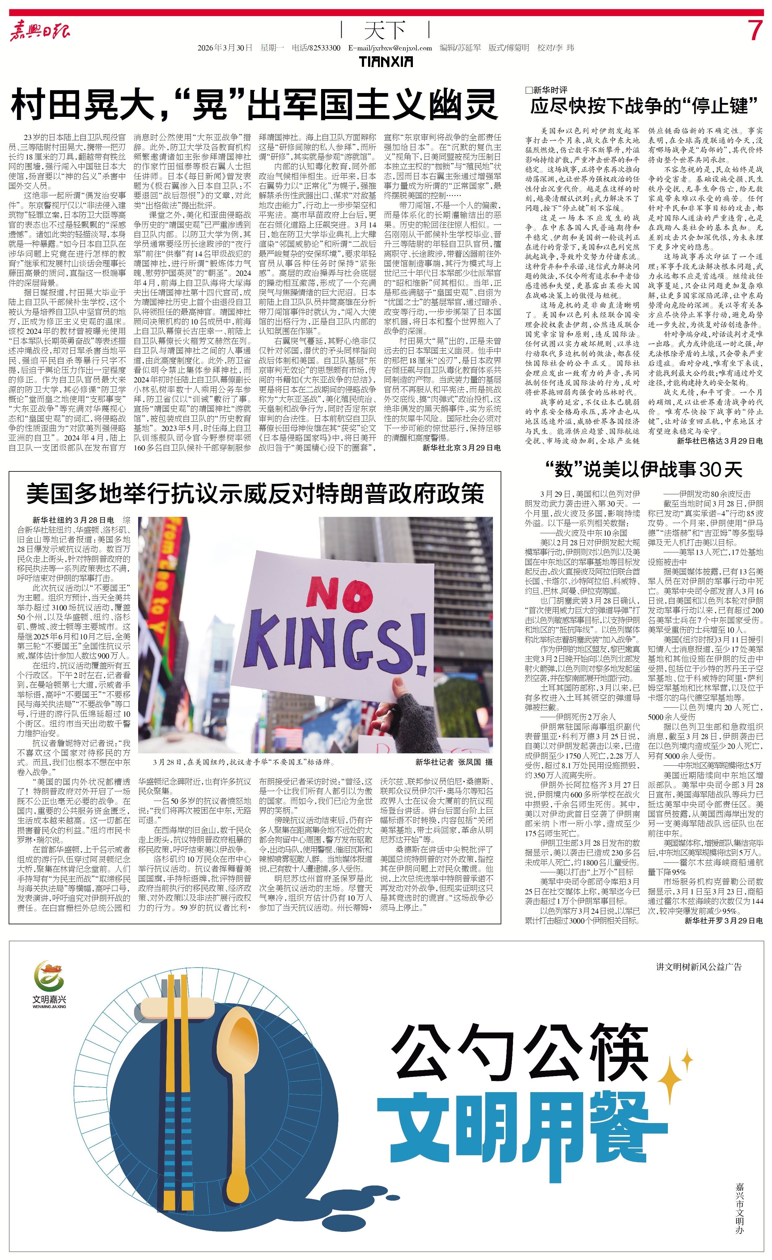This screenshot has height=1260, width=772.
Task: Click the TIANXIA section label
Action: (x=386, y=62)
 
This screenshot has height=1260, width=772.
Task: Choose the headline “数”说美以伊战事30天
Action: (x=643, y=469)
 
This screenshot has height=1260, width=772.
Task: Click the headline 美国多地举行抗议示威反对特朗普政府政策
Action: (x=255, y=493)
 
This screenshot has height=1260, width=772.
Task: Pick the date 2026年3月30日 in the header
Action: (x=225, y=48)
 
